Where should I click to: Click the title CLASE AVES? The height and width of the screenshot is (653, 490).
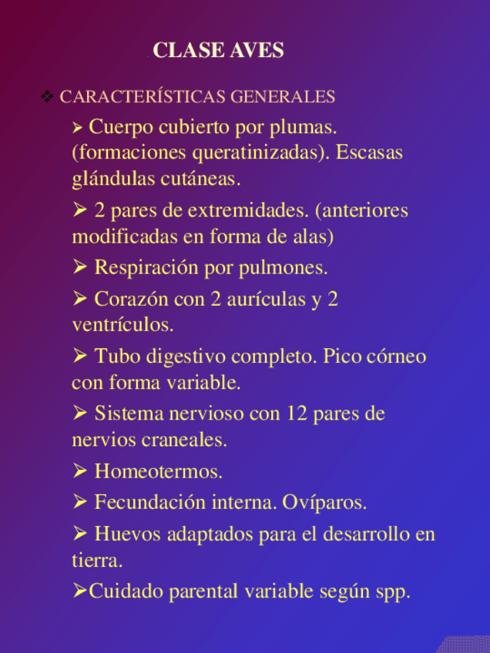(218, 51)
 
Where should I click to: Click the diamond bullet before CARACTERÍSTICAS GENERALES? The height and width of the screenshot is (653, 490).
(47, 96)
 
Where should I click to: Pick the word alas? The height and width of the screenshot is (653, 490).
(317, 236)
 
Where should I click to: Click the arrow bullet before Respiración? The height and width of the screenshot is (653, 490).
(79, 267)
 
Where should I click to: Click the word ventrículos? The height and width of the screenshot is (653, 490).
(123, 325)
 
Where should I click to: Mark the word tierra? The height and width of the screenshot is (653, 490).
(97, 561)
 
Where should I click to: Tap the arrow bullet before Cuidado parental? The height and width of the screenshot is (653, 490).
(79, 591)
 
